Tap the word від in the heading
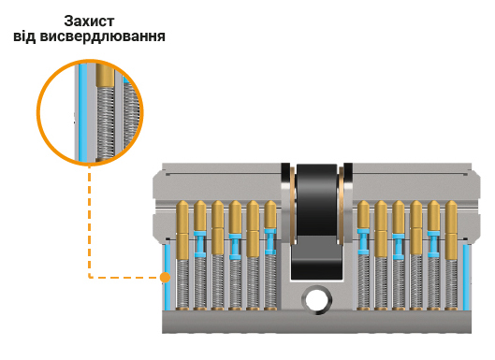pyautogui.click(x=28, y=37)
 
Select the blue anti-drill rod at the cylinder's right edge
pyautogui.click(x=466, y=276)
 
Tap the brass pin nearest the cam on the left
pyautogui.click(x=271, y=215)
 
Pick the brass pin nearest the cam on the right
pyautogui.click(x=362, y=215)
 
